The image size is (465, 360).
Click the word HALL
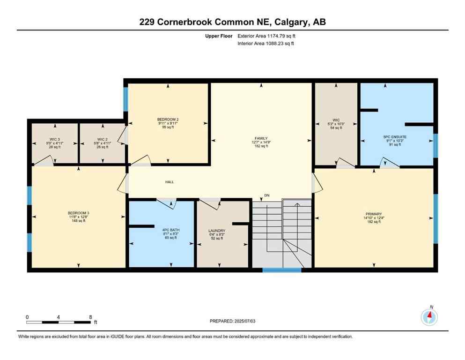click(170, 182)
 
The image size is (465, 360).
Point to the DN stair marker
click(266, 195)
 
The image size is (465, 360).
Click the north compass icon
click(429, 317)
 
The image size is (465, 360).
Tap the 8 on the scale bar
click(90, 317)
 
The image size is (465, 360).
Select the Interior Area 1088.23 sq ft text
click(266, 44)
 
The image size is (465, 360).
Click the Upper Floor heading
click(219, 36)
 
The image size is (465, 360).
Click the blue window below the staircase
click(281, 270)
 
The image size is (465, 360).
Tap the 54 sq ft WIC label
click(336, 127)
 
